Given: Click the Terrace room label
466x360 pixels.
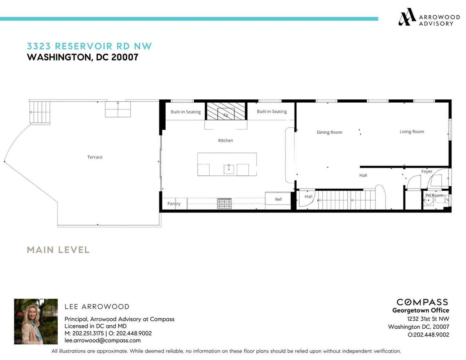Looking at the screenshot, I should pos(95,157).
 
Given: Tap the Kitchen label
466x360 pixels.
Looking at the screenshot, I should pos(225,141).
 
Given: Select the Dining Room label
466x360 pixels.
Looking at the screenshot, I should pos(329,132).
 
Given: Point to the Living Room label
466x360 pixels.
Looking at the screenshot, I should pos(412,132).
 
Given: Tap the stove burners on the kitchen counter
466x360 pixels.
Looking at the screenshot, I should pos(224,203).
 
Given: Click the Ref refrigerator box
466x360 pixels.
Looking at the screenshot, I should pos(278,199).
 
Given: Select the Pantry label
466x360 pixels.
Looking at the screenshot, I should pos(174,204).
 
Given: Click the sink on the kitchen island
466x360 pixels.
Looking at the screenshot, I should pos(229,169).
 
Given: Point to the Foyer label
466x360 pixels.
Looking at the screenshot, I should pos(427,171).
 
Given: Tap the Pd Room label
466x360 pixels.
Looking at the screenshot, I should pos(435,195).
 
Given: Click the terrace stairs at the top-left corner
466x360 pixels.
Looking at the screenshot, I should pos(40,112).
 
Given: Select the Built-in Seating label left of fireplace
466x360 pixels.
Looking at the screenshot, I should pos(186,112).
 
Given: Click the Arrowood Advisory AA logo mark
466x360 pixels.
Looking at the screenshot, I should pos(407,17).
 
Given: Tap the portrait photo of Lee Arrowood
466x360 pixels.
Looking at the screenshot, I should pos(36,321).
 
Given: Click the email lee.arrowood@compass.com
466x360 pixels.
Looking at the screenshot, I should pos(102,341).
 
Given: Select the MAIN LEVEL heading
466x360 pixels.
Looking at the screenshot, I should pos(58,250).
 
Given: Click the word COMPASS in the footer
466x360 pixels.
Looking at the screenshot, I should pos(422,302).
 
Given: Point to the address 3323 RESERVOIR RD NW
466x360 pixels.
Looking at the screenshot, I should pos(89,46).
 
